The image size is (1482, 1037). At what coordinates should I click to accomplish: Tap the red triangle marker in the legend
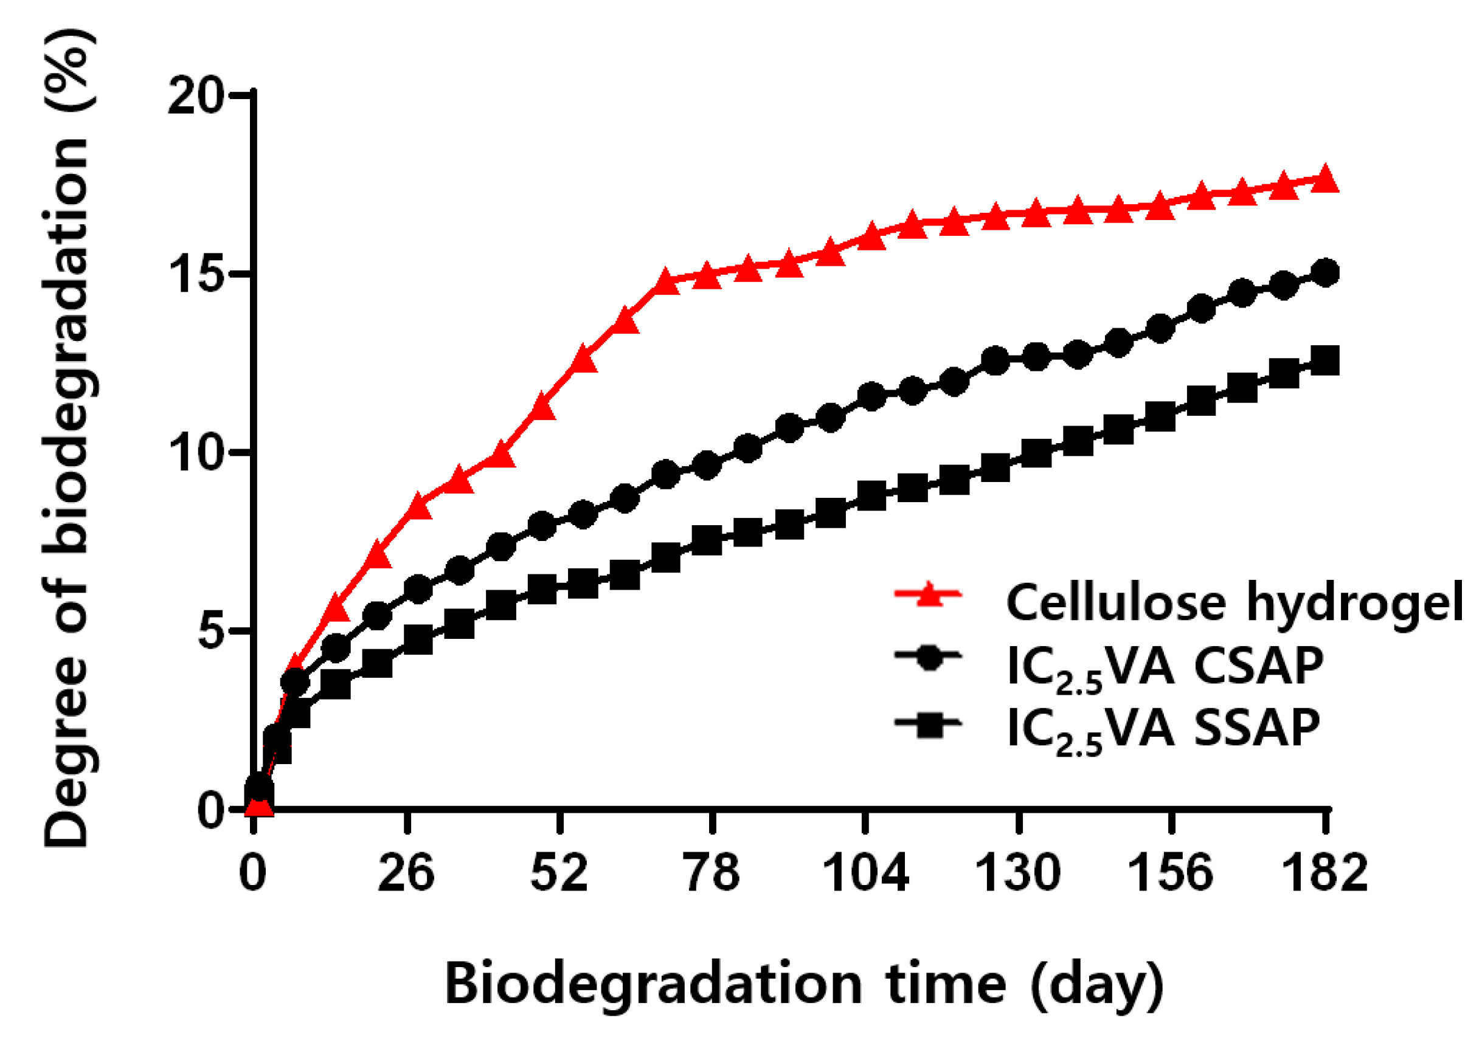pyautogui.click(x=928, y=594)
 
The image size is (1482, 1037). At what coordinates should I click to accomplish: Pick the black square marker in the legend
pyautogui.click(x=928, y=723)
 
